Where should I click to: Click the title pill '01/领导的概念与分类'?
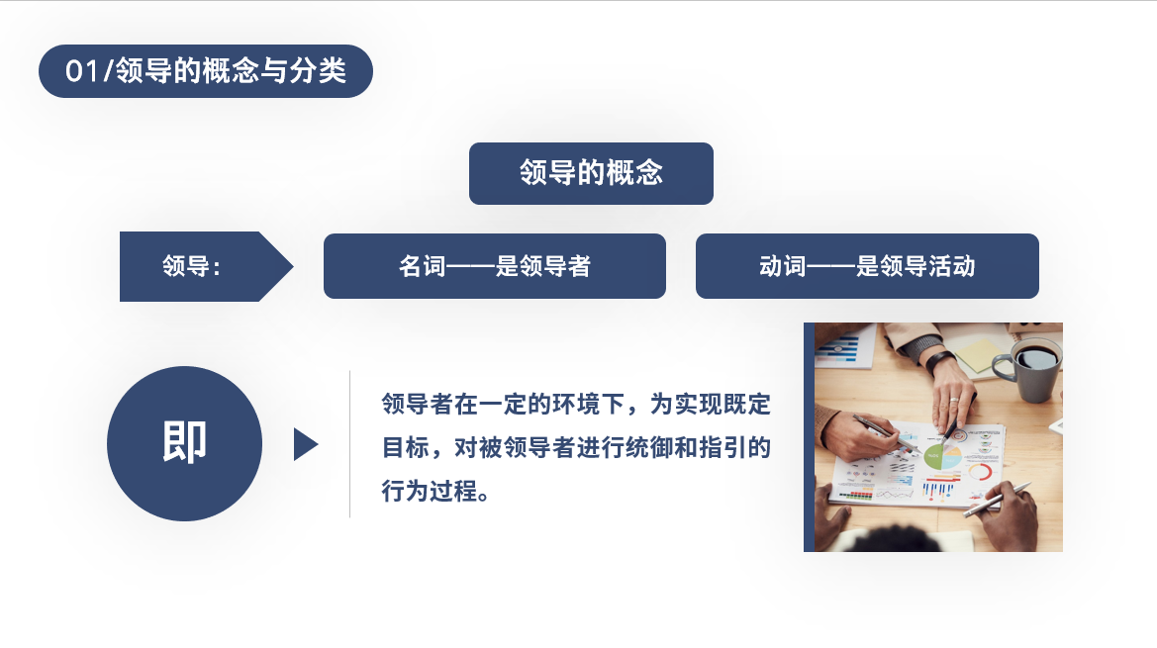click(x=205, y=71)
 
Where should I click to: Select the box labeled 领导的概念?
click(x=591, y=173)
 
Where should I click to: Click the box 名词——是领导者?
click(x=495, y=266)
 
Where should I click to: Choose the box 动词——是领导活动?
click(x=867, y=266)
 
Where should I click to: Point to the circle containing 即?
click(x=184, y=444)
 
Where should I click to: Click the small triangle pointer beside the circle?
click(x=305, y=444)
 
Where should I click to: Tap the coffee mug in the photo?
click(x=1028, y=370)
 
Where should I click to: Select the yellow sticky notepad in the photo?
click(x=984, y=354)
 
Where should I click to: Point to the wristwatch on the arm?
click(x=939, y=361)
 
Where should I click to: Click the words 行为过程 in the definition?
click(x=429, y=491)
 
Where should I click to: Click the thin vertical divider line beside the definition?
click(x=349, y=444)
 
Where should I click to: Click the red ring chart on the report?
click(x=980, y=471)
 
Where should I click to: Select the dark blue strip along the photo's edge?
click(x=809, y=437)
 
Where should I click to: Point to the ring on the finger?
click(x=954, y=400)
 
